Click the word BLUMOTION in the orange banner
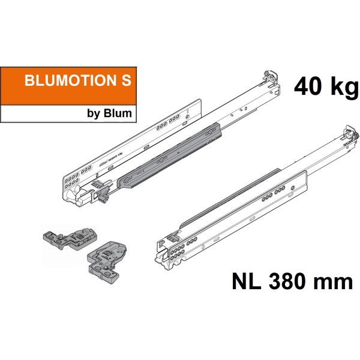67,82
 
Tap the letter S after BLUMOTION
125,82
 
